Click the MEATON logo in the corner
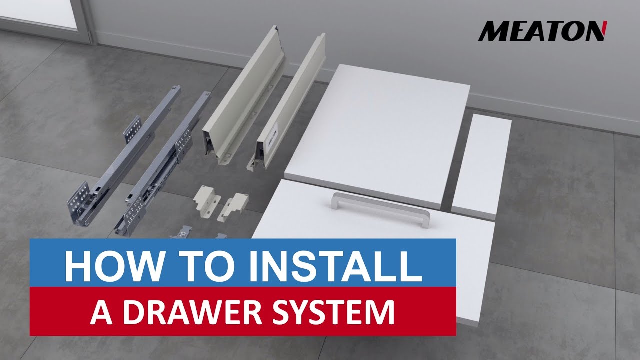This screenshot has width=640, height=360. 542,31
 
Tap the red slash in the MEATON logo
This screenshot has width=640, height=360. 604,31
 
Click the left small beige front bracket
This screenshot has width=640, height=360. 206,198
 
